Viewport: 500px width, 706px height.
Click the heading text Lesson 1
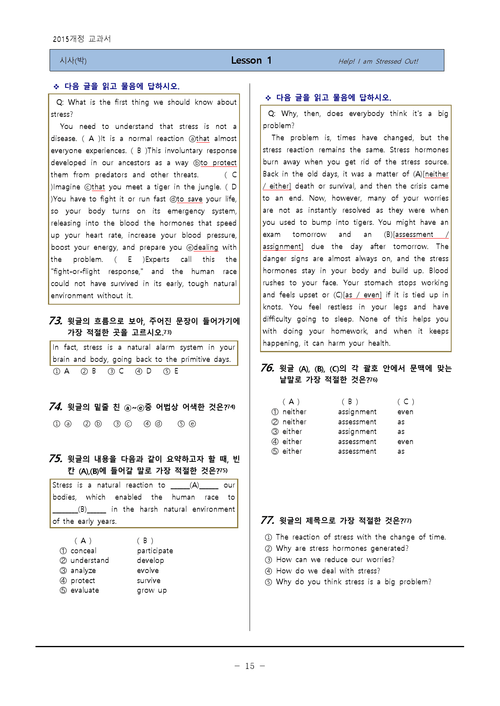tap(251, 60)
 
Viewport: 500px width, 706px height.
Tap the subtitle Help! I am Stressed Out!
tap(378, 61)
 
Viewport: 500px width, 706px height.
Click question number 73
tap(55, 321)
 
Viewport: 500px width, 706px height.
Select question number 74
tap(55, 407)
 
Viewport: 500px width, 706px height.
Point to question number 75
tap(55, 459)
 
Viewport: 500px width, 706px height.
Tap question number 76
tap(267, 368)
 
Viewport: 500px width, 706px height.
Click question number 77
tap(267, 520)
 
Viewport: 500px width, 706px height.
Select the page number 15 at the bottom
tap(250, 666)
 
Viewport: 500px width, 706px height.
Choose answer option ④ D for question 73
tap(144, 371)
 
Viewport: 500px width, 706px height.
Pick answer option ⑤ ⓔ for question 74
tap(187, 424)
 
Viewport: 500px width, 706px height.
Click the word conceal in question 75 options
tap(83, 550)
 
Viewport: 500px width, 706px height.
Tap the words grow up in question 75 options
tap(152, 590)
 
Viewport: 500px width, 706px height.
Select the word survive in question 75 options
tap(148, 580)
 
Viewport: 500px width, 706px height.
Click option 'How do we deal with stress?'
tap(328, 571)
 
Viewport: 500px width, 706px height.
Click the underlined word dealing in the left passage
tap(206, 247)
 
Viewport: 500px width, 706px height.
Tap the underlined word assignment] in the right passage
tap(283, 247)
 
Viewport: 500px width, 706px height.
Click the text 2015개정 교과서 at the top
tap(82, 39)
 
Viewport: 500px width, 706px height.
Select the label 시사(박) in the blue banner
tap(73, 61)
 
